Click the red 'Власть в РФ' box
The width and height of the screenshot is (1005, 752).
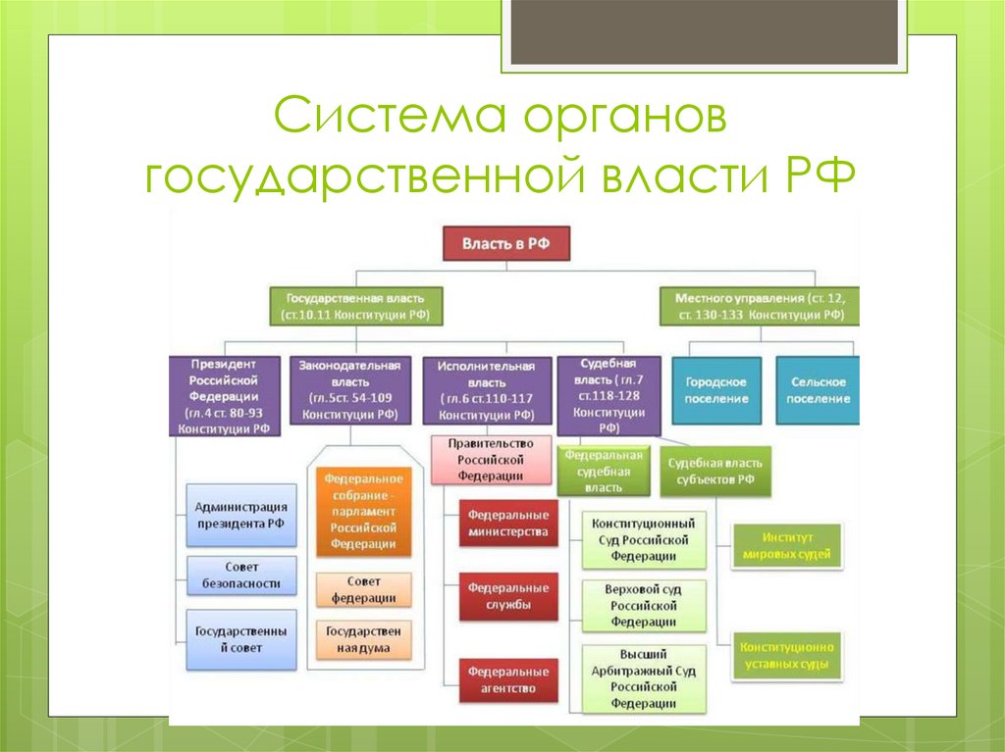[x=505, y=243]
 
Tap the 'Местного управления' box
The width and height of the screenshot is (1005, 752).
[x=760, y=306]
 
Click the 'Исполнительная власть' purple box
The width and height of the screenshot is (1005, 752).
[x=486, y=390]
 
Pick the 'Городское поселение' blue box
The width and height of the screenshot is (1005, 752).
[x=716, y=390]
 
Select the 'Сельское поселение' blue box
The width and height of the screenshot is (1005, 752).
[x=817, y=390]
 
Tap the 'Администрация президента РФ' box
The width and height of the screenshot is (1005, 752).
[x=240, y=515]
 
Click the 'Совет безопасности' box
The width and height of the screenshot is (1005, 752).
[x=240, y=575]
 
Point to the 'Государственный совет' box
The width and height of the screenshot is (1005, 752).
[x=240, y=639]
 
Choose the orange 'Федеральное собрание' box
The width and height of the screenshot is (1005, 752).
[x=363, y=511]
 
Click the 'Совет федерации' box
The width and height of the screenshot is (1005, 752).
[x=363, y=589]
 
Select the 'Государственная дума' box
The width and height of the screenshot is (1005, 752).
[x=363, y=639]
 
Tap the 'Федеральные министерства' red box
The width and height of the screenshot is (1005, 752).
[x=507, y=522]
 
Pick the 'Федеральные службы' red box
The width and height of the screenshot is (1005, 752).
[x=507, y=596]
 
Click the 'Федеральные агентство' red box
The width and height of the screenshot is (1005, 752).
[x=507, y=679]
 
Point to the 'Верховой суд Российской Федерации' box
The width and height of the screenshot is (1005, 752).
[x=643, y=606]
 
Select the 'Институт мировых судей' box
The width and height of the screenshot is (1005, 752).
[x=788, y=545]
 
